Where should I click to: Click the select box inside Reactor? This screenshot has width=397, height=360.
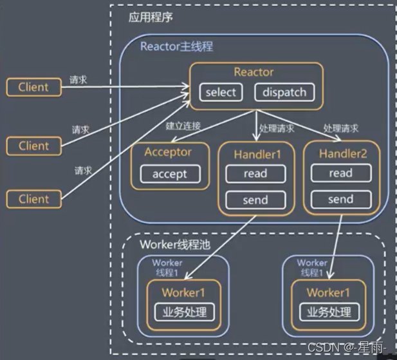coord(221,92)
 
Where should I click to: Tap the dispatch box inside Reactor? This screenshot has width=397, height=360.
coord(284,92)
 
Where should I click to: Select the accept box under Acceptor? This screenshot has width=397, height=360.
coord(170,173)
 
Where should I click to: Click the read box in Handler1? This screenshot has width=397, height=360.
coord(255,173)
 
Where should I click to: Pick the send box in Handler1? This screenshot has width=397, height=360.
coord(255,200)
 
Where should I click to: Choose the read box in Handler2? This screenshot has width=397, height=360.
coord(340,173)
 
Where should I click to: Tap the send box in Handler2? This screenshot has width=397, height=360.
coord(340,200)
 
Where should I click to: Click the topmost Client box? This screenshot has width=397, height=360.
coord(33,86)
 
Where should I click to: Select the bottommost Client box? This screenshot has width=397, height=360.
coord(33,199)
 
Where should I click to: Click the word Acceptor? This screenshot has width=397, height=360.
coord(168,153)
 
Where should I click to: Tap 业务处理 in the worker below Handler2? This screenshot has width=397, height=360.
coord(329,312)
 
